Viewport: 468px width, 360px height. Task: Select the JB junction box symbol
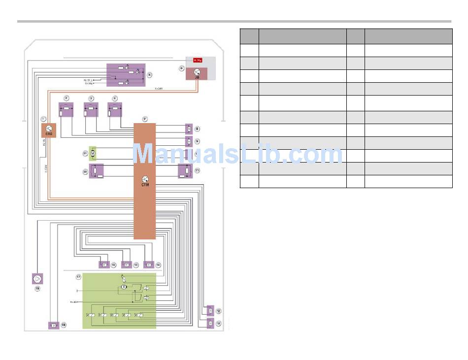click(x=197, y=74)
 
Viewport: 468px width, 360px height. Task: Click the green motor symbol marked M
click(x=92, y=154)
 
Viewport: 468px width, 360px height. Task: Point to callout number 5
click(x=150, y=75)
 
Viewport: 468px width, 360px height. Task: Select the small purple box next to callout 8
click(x=188, y=129)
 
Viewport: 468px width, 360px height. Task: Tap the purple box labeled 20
click(x=96, y=171)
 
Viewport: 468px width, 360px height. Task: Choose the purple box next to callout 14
click(x=148, y=264)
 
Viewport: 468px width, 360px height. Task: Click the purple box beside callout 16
click(x=104, y=264)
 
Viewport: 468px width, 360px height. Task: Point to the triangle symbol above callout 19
click(x=37, y=279)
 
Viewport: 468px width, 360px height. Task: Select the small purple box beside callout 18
click(x=53, y=325)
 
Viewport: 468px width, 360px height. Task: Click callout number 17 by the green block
click(x=78, y=277)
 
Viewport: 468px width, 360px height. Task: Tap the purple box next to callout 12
click(x=210, y=311)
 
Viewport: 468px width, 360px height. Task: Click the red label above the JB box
click(x=197, y=60)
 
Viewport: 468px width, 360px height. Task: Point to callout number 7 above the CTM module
click(x=144, y=119)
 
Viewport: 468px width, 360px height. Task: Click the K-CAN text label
click(x=159, y=89)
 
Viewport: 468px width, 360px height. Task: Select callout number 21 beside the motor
click(x=85, y=154)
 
